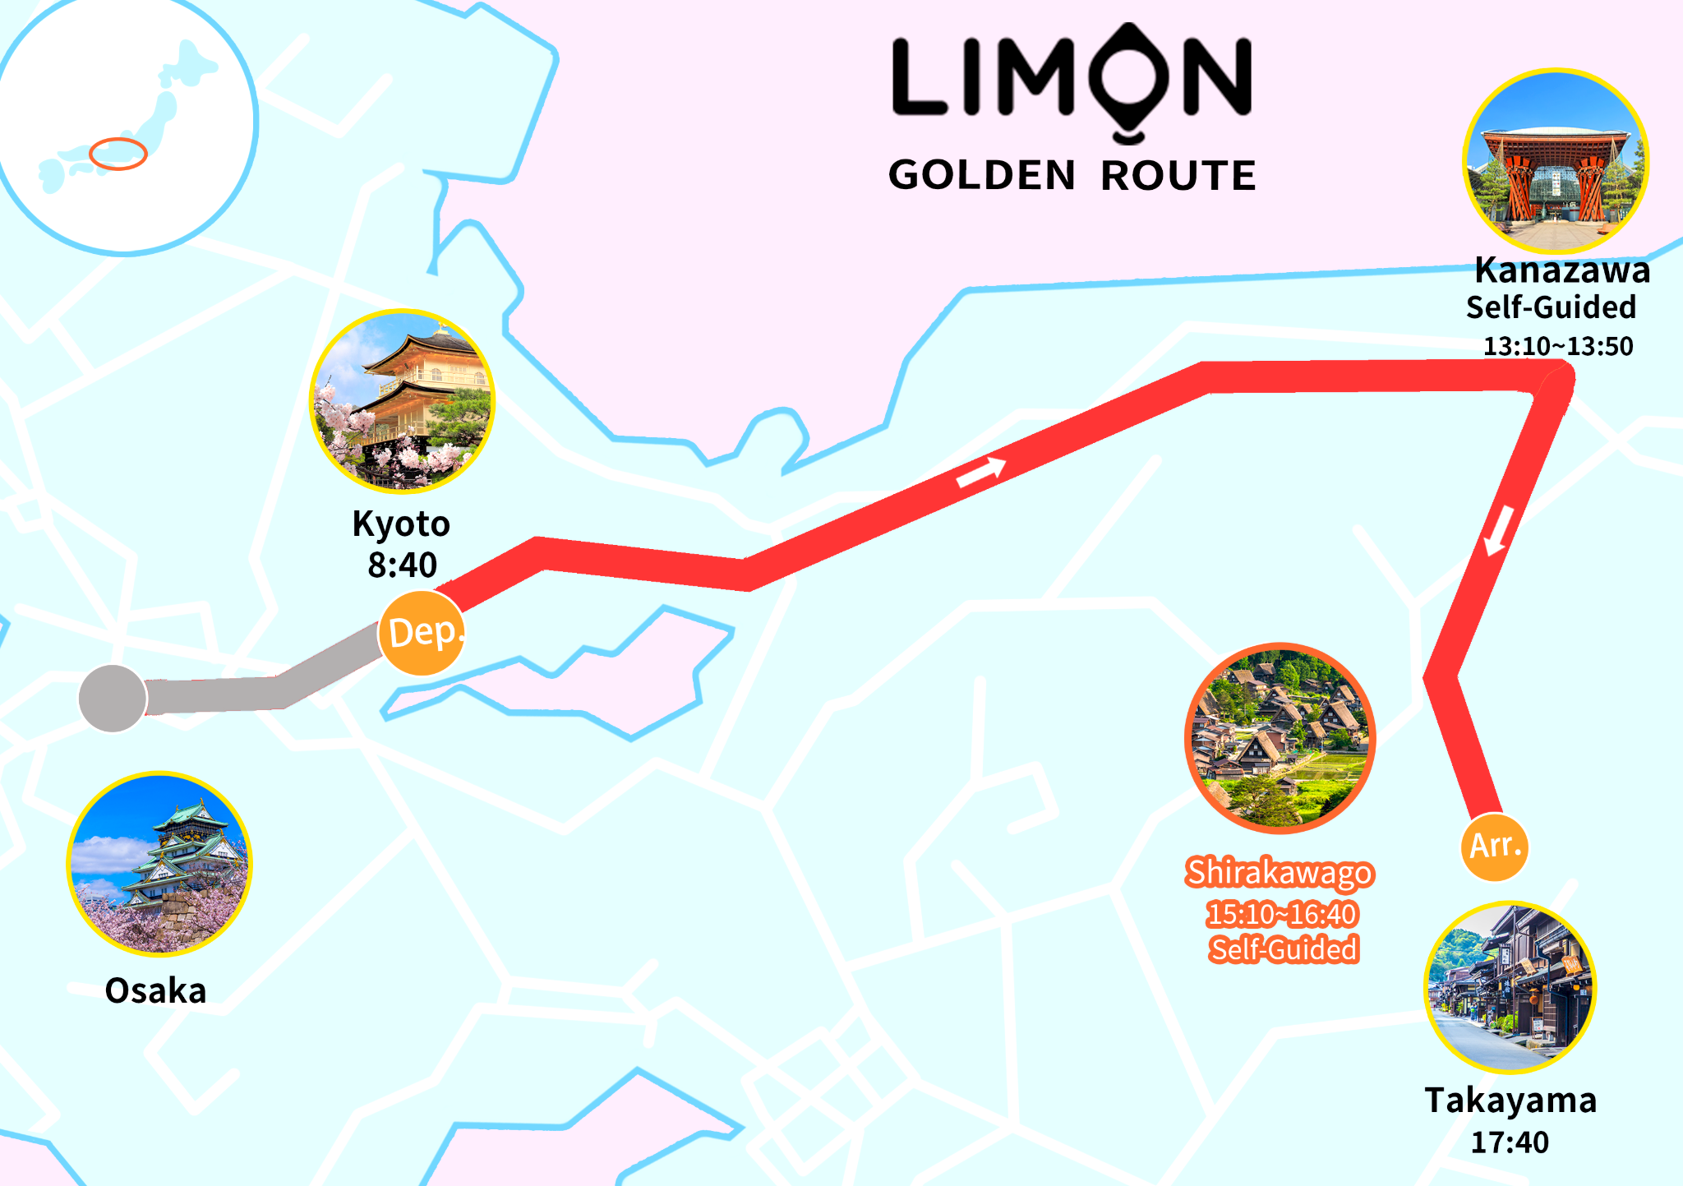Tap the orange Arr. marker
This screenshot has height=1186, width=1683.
(1495, 847)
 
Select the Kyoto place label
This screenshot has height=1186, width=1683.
(401, 524)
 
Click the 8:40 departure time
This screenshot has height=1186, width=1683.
(402, 565)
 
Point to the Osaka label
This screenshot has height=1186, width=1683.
(155, 991)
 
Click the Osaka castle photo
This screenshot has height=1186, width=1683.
(159, 864)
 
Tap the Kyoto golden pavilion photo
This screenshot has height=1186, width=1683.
(402, 402)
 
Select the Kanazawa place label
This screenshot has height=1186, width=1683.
(1562, 270)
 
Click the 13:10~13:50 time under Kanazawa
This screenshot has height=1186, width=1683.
(1558, 346)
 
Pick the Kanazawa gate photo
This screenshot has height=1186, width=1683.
(1556, 161)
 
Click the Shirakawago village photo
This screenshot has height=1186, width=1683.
(1280, 738)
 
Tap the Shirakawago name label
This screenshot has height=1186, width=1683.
(1280, 873)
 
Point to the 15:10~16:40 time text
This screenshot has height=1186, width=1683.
(1281, 914)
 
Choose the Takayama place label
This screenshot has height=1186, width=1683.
(1510, 1101)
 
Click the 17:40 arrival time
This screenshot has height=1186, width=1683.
(1510, 1142)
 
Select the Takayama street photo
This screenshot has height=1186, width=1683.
(1510, 988)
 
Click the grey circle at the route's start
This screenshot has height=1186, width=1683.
(113, 699)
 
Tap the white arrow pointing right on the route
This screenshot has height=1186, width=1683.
(981, 471)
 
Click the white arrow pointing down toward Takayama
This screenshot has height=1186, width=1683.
(1498, 529)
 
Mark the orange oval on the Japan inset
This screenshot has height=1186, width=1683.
(118, 154)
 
